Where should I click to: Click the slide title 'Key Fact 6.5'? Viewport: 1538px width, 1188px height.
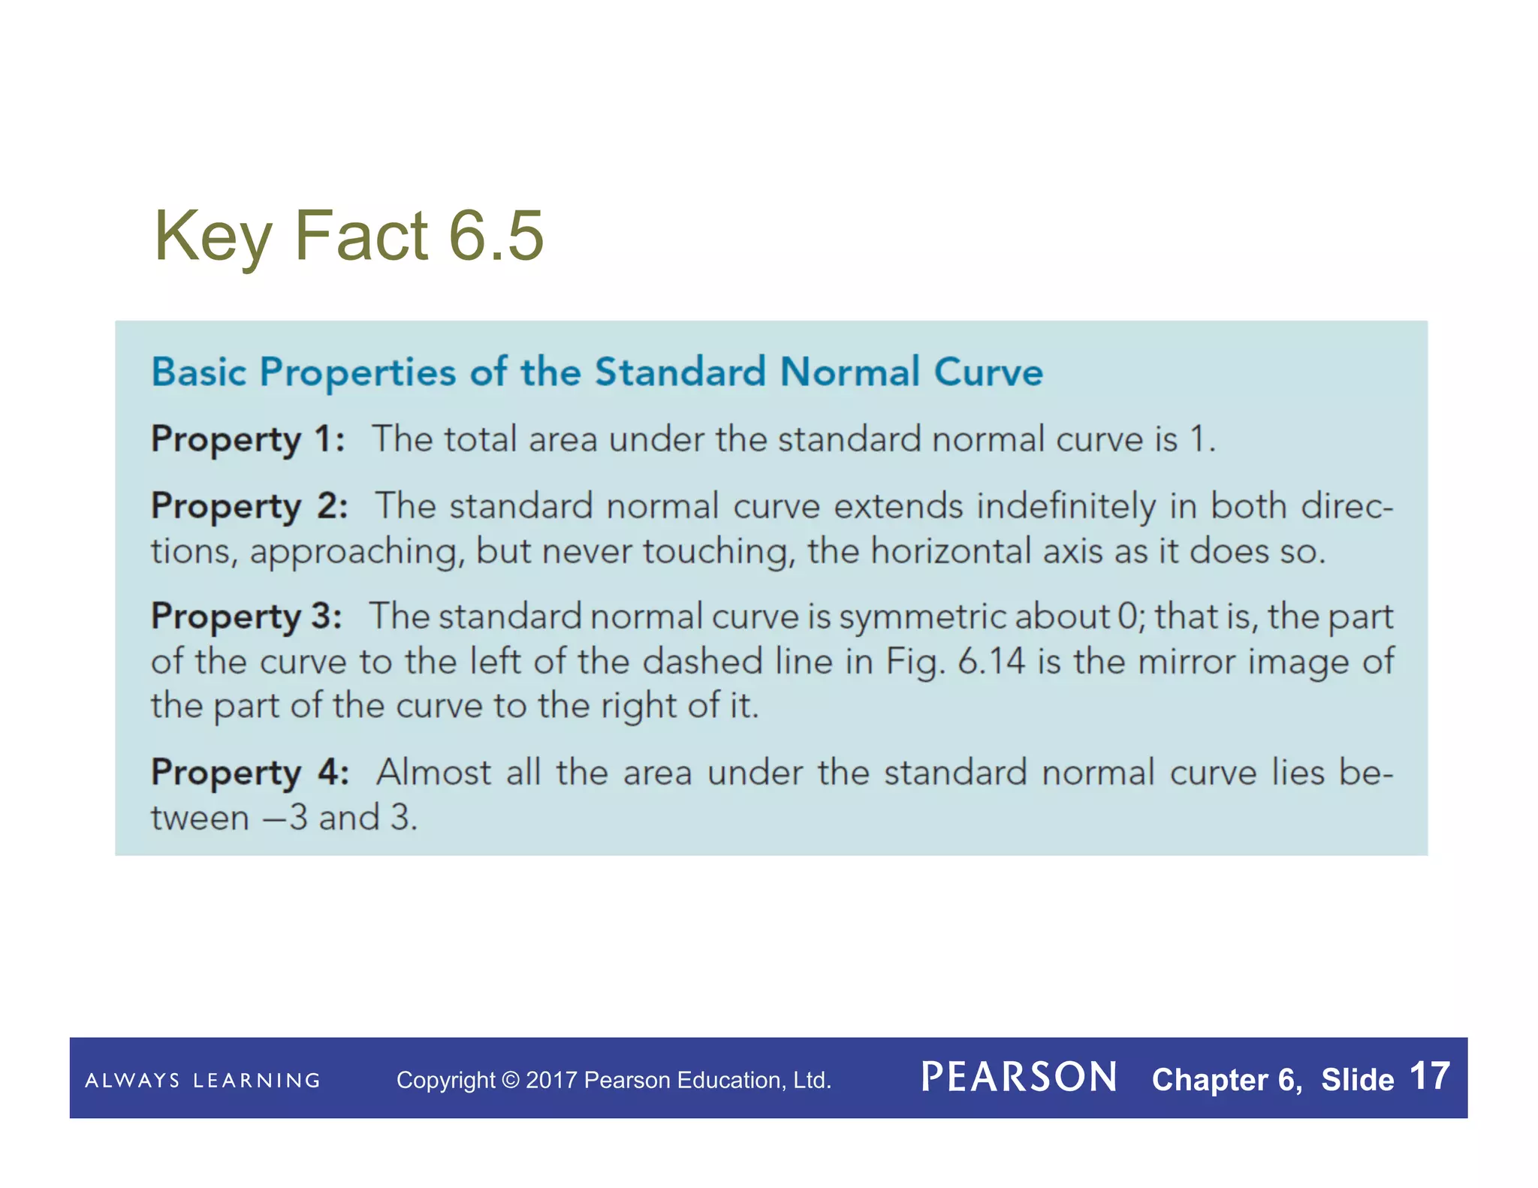(x=348, y=236)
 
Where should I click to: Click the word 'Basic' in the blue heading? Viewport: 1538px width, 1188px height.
(x=199, y=372)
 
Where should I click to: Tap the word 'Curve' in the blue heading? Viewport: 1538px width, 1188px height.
(x=988, y=372)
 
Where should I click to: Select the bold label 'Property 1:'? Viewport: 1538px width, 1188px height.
(x=248, y=439)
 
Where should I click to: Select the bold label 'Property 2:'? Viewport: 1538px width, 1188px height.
(x=249, y=506)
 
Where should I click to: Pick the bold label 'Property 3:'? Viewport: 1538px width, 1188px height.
(x=246, y=617)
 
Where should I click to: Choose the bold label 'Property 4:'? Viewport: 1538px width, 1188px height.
(x=250, y=773)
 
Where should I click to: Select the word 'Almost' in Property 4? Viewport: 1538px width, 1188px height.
(x=433, y=773)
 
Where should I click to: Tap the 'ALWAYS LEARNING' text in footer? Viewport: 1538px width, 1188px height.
(x=203, y=1081)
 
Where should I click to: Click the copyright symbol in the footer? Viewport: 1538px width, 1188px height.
(x=510, y=1081)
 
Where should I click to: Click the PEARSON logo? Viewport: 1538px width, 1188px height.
(x=1019, y=1078)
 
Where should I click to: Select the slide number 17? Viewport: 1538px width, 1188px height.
(x=1429, y=1077)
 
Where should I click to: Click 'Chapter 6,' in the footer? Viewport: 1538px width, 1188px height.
(x=1227, y=1080)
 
